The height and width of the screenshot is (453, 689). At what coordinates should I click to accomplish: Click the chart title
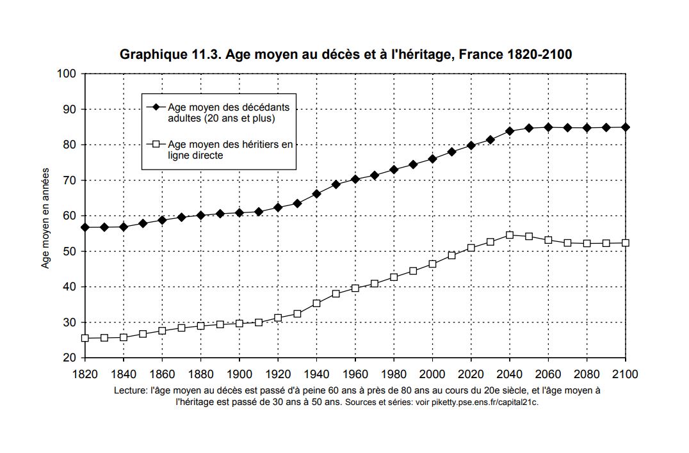click(346, 55)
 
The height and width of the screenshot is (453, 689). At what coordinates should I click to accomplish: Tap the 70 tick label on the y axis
click(71, 180)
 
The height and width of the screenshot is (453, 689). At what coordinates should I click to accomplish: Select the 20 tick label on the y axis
click(71, 358)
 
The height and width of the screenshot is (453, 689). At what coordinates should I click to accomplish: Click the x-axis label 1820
click(85, 374)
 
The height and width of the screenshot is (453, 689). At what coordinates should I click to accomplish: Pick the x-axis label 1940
click(316, 374)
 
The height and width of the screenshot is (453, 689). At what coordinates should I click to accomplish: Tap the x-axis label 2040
click(510, 374)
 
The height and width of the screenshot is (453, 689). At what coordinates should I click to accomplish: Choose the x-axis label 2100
click(625, 374)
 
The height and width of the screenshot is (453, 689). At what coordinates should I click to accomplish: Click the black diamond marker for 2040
click(510, 131)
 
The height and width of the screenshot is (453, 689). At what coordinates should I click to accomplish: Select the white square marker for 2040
click(510, 235)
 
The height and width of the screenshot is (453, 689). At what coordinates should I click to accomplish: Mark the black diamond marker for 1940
click(316, 194)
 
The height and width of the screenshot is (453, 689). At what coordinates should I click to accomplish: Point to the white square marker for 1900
click(239, 323)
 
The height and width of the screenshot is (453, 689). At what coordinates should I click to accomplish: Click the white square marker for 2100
click(626, 242)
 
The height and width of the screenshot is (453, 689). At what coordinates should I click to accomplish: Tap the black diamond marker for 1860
click(162, 220)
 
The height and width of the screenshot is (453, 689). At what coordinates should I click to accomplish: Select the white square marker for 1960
click(355, 289)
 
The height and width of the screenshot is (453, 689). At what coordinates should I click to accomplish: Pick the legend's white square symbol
click(154, 145)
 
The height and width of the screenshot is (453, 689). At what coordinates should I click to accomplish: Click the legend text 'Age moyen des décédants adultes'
click(228, 113)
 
